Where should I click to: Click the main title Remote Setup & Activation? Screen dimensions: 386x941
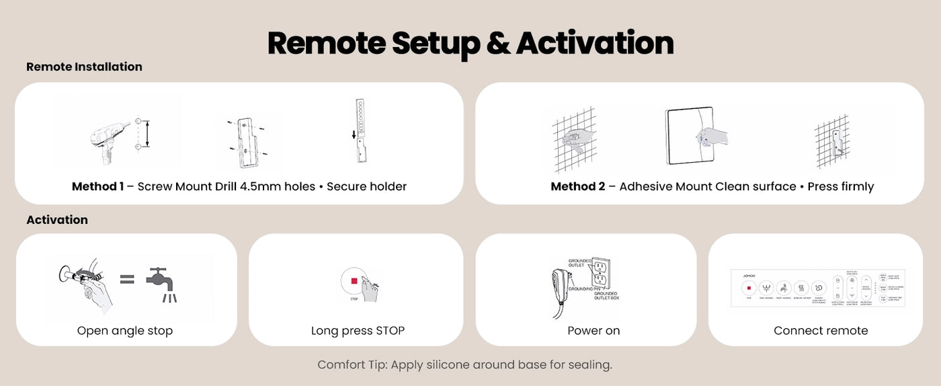470,42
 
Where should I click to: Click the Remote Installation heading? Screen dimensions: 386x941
84,67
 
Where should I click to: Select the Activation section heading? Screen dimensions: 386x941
57,220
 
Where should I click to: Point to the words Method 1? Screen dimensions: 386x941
97,186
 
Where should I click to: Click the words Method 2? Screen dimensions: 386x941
577,186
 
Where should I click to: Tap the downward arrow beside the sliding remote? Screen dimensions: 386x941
354,134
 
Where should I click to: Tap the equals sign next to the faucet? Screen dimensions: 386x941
127,279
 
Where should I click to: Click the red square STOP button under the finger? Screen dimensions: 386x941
354,281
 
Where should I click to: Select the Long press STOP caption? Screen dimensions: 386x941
358,330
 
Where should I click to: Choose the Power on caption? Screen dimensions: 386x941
594,330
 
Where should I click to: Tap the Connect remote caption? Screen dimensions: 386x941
820,330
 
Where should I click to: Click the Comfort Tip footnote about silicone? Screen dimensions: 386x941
464,365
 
